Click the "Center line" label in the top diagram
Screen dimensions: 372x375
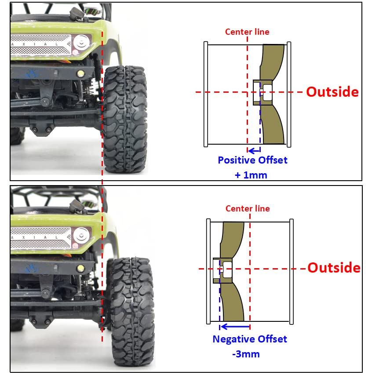247,32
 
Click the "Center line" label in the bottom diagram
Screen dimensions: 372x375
248,208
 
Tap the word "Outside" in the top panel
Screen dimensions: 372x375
332,92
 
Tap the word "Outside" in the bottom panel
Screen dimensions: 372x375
334,268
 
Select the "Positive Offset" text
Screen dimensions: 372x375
253,160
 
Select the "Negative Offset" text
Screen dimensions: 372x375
250,339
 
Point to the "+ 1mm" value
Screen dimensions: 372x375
251,175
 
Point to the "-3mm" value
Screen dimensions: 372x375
246,354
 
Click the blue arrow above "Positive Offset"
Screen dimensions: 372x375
254,151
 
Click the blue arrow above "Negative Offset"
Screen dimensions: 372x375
235,327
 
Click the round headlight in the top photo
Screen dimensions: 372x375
82,42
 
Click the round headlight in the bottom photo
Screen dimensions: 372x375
81,235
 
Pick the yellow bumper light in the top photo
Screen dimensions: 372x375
80,73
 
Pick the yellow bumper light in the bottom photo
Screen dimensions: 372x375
80,268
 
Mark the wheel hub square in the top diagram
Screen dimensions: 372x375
263,92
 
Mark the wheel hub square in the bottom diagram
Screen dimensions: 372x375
222,270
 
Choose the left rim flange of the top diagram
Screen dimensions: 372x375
205,94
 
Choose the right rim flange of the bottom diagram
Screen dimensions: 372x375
292,272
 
